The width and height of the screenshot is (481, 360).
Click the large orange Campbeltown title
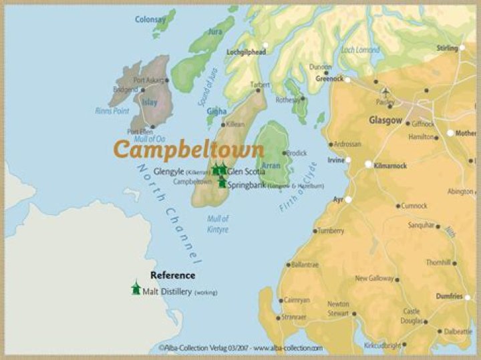coord(188,149)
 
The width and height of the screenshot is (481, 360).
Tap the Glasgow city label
coord(385,120)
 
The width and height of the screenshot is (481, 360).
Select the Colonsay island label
coord(150,20)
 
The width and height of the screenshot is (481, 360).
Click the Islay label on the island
coord(150,102)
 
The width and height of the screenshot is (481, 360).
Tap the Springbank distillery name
coord(247,185)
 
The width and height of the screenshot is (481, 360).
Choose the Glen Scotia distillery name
coord(247,172)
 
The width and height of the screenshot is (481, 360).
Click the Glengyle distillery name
coord(169,172)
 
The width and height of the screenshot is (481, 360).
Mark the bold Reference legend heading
coord(172,275)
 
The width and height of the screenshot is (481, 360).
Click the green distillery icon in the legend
coord(136,289)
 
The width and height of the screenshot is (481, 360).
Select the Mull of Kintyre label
coord(217,224)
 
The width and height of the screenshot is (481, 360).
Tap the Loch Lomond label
coord(360,49)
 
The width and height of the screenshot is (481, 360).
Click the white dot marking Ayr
coord(348,199)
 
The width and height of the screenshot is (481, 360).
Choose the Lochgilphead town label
coord(246,51)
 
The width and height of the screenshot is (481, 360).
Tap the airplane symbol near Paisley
coord(385,91)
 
